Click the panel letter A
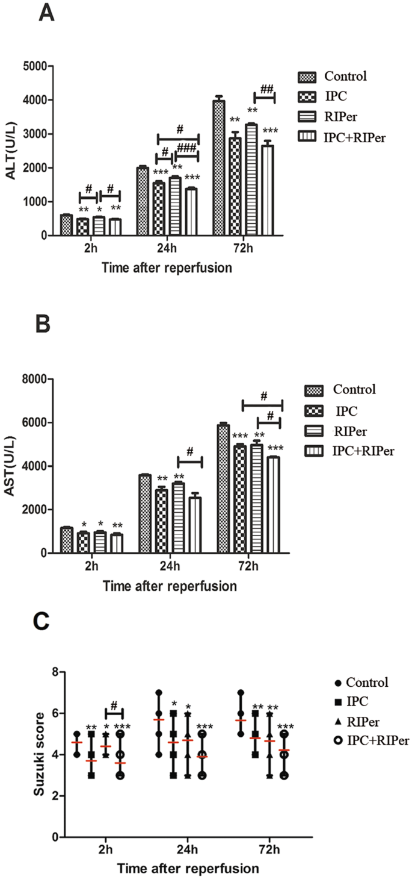(47, 13)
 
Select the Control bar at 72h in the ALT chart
(218, 168)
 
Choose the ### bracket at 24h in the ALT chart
(187, 155)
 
